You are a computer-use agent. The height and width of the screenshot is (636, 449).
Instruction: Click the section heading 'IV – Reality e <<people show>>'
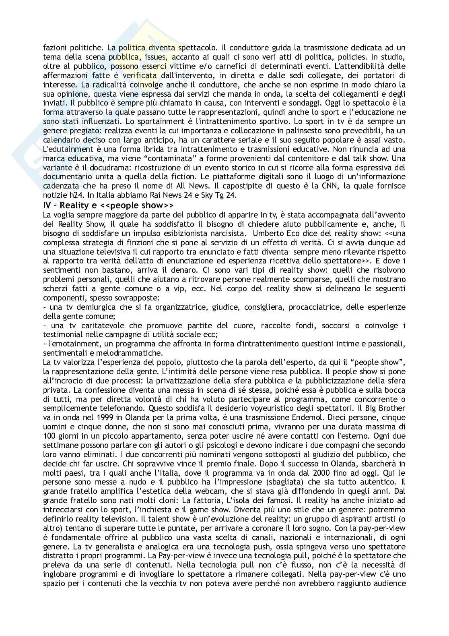pyautogui.click(x=108, y=205)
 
